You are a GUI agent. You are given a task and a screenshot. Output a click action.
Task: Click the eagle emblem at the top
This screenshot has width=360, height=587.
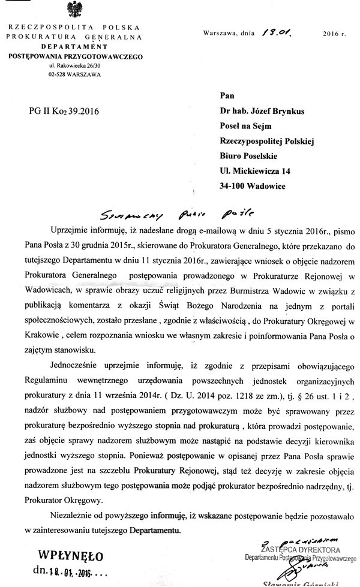[76, 12]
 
